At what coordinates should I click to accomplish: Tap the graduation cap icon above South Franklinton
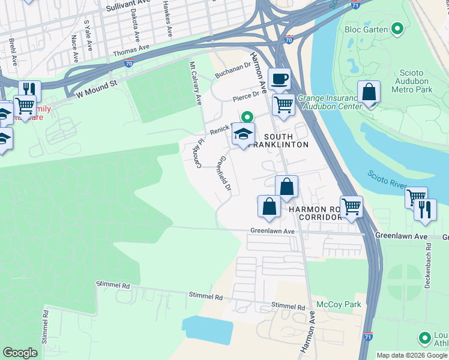[x=243, y=134]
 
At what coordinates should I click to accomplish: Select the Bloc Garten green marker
[x=397, y=28]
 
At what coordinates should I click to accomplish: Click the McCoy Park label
[x=339, y=304]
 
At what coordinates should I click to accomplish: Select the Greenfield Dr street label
[x=224, y=174]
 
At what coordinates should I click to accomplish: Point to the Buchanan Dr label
[x=233, y=70]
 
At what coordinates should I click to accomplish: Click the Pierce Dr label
[x=247, y=94]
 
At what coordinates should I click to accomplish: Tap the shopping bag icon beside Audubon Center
[x=369, y=93]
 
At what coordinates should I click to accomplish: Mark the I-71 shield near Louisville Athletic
[x=369, y=338]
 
